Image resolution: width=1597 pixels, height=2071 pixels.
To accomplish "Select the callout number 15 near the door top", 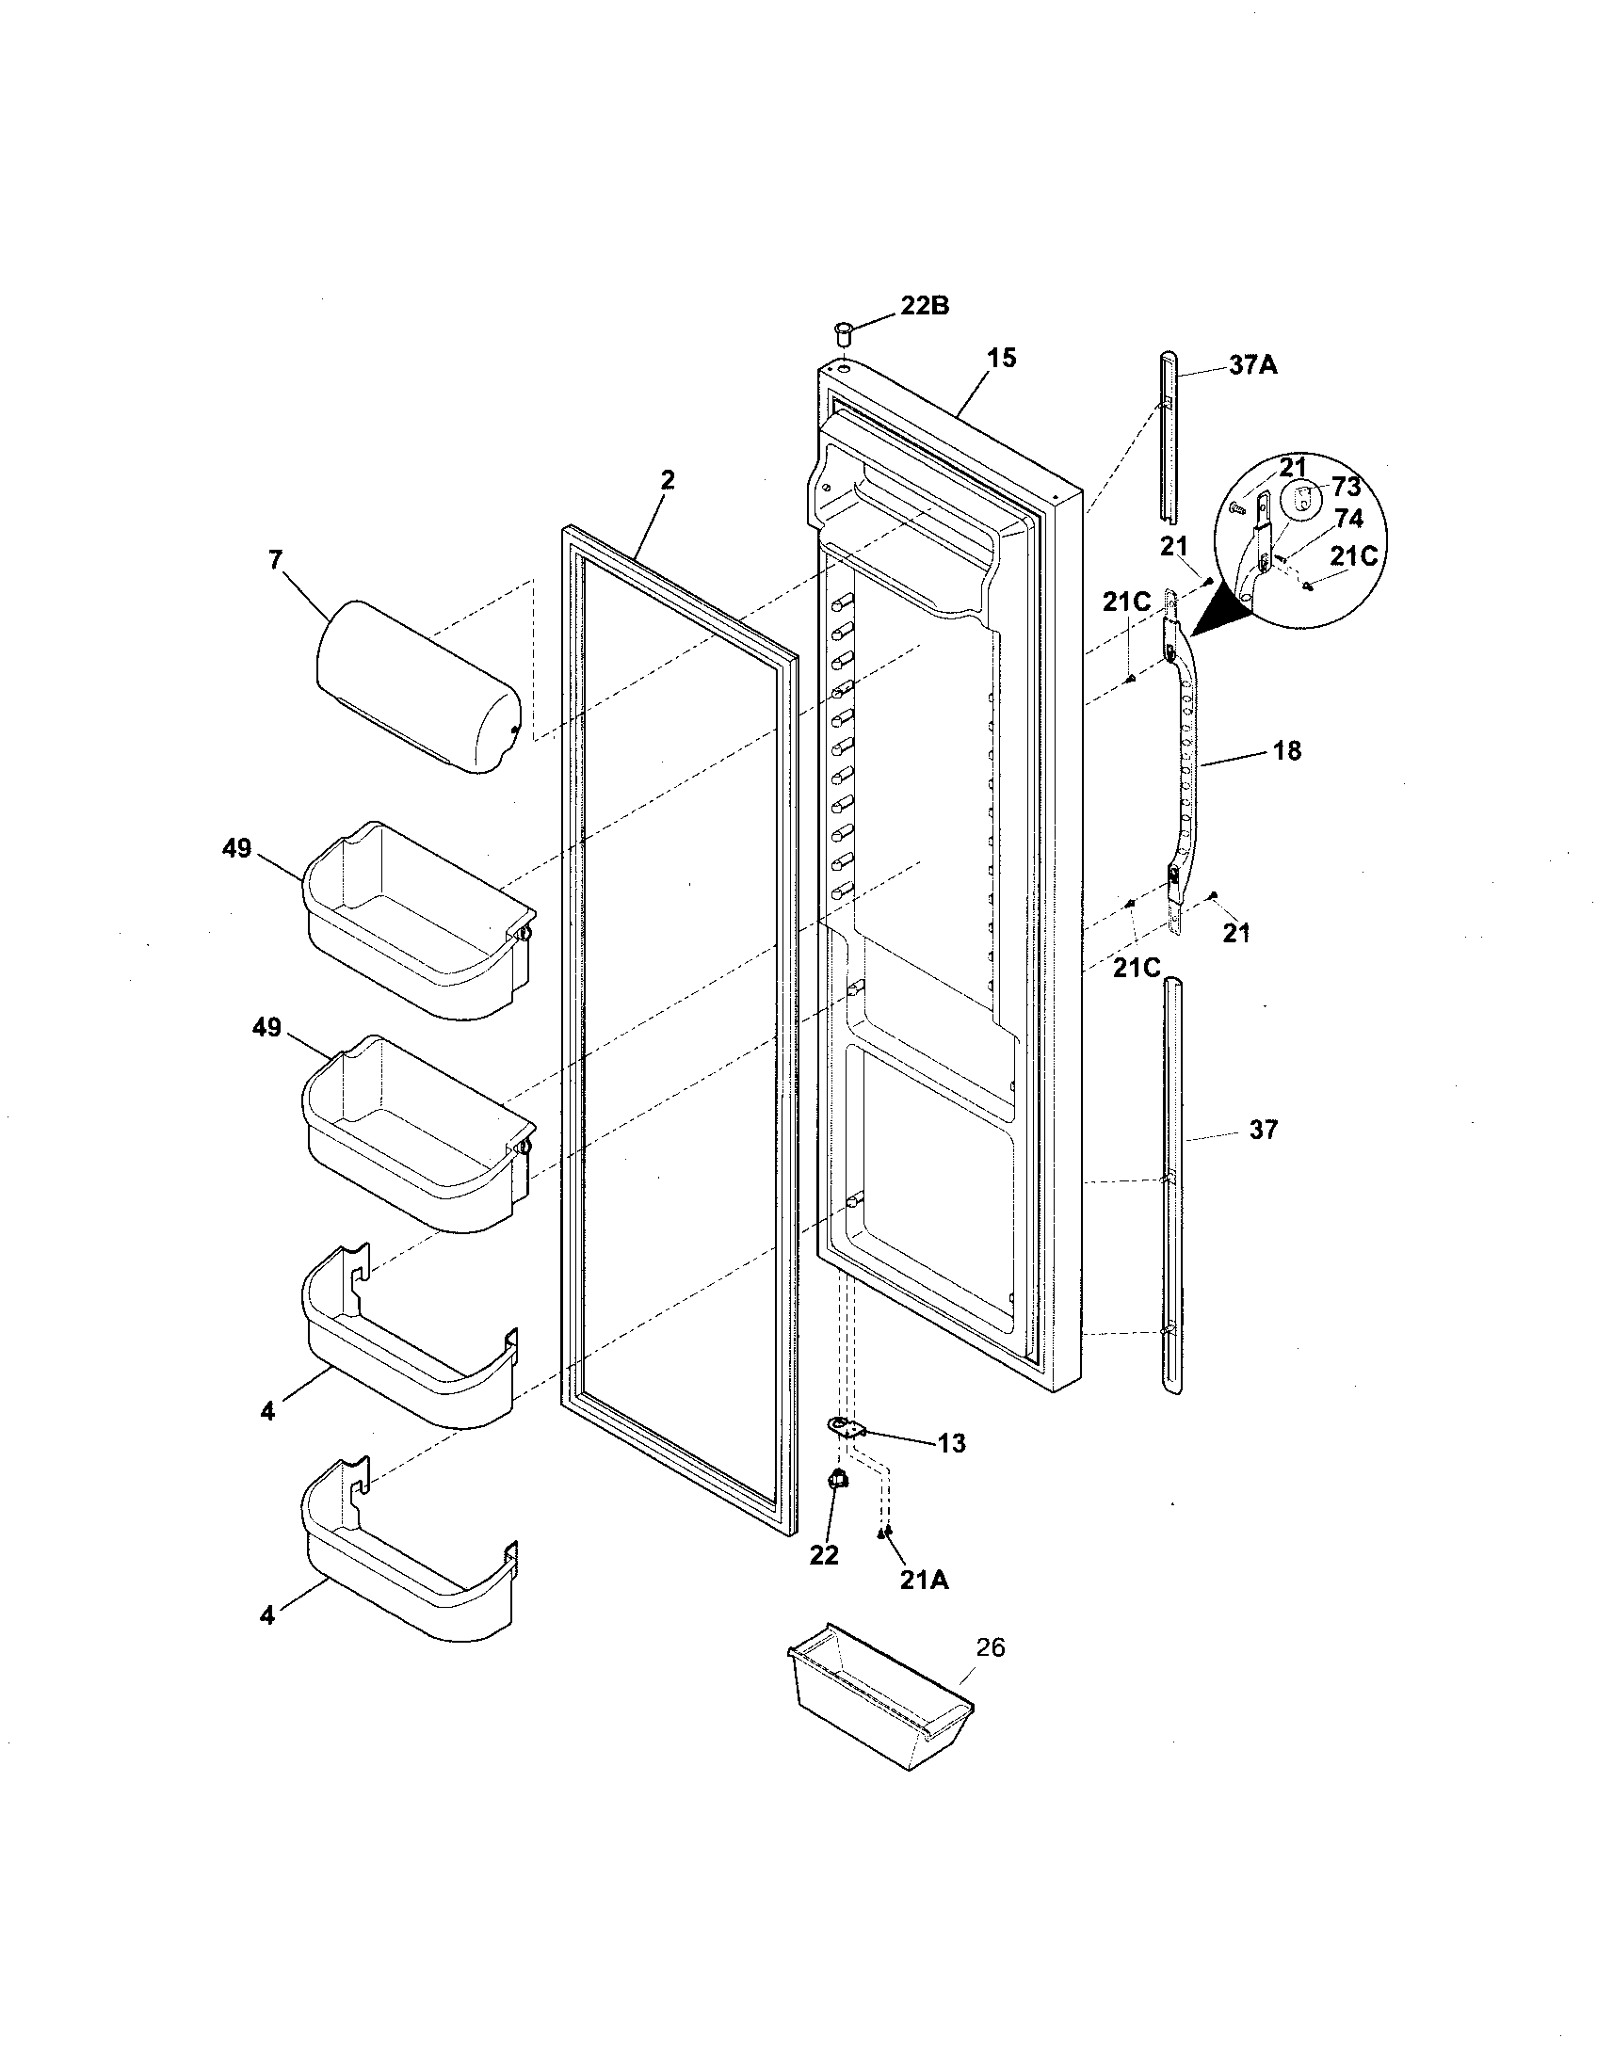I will click(x=1002, y=359).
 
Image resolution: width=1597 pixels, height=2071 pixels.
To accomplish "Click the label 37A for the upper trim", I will click(x=1252, y=365).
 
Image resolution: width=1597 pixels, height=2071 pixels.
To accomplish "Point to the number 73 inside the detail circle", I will click(x=1346, y=488).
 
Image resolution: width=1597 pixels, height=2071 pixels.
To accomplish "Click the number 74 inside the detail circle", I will click(x=1347, y=519).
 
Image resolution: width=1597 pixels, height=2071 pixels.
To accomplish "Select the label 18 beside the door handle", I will click(x=1287, y=751).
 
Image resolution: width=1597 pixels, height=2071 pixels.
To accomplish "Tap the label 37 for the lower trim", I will click(x=1263, y=1130).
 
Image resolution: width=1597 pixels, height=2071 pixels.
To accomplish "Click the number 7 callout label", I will click(x=275, y=560).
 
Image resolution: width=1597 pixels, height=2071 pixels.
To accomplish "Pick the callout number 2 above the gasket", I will click(x=668, y=480).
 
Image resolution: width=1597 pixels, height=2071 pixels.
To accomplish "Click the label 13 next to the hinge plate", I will click(x=951, y=1443).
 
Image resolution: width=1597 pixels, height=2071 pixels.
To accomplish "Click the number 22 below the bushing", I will click(x=824, y=1555).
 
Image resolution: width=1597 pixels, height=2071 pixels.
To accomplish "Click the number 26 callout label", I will click(x=989, y=1648).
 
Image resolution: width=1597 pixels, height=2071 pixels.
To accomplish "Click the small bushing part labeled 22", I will click(x=838, y=1480).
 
